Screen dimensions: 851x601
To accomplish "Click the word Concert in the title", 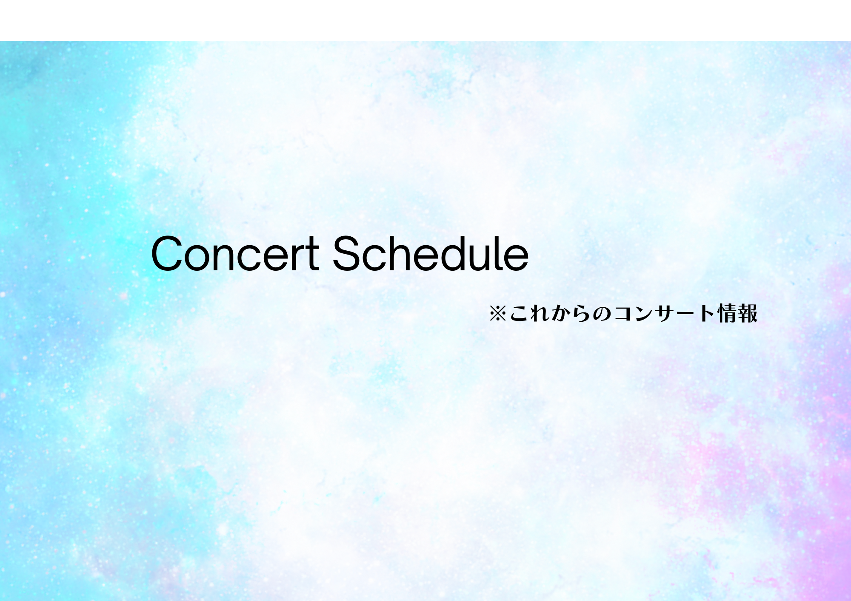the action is click(235, 253).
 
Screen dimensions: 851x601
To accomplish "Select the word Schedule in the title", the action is click(431, 253).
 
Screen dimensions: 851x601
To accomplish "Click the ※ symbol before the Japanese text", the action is click(497, 314).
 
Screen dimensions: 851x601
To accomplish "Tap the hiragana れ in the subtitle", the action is click(540, 314).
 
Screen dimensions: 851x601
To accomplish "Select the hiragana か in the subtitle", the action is click(561, 314).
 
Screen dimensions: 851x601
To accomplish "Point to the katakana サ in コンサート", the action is click(665, 314).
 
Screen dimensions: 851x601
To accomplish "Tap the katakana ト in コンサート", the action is click(707, 314).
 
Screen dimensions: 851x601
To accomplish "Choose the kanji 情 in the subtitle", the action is click(727, 314).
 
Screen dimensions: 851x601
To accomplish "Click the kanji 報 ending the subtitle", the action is click(748, 314).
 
